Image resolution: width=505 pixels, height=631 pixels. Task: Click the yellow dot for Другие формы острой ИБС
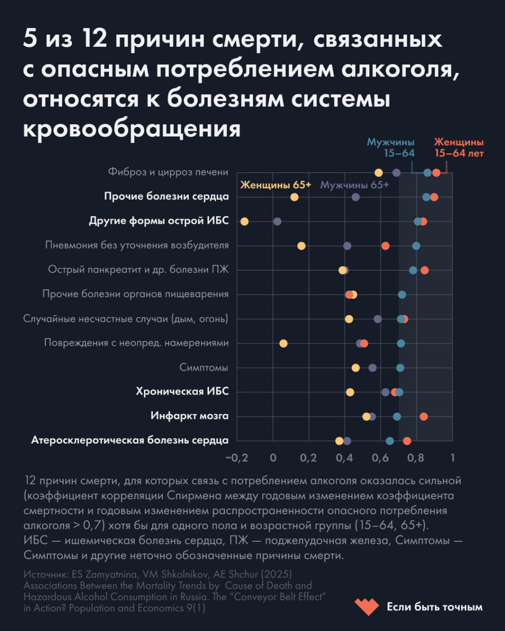coord(244,221)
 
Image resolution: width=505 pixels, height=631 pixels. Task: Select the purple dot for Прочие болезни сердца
coord(356,197)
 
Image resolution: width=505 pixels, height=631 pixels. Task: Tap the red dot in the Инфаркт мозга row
coord(423,416)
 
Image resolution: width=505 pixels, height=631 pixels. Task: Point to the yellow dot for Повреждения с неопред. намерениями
coord(283,343)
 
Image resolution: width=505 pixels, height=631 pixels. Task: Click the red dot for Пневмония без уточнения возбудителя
coord(385,246)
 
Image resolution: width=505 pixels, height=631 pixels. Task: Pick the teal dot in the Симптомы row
coord(400,368)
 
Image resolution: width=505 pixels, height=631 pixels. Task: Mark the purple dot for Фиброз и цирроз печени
coord(396,172)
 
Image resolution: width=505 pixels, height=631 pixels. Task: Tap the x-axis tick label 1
coord(451,457)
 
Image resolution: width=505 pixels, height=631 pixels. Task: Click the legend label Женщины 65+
coord(276,185)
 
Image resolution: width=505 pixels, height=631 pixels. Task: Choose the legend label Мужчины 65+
coord(354,185)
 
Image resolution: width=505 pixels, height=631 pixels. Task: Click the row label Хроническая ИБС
coord(182,392)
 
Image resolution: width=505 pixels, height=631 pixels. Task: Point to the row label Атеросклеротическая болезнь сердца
coord(129,441)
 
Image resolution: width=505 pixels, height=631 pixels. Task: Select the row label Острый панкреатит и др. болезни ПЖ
coord(138,270)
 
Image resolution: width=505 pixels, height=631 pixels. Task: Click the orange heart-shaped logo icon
coord(365,607)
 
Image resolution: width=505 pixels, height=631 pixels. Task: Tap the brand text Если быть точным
coord(434,607)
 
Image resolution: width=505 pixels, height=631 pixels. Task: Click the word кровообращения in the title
coord(132,128)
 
